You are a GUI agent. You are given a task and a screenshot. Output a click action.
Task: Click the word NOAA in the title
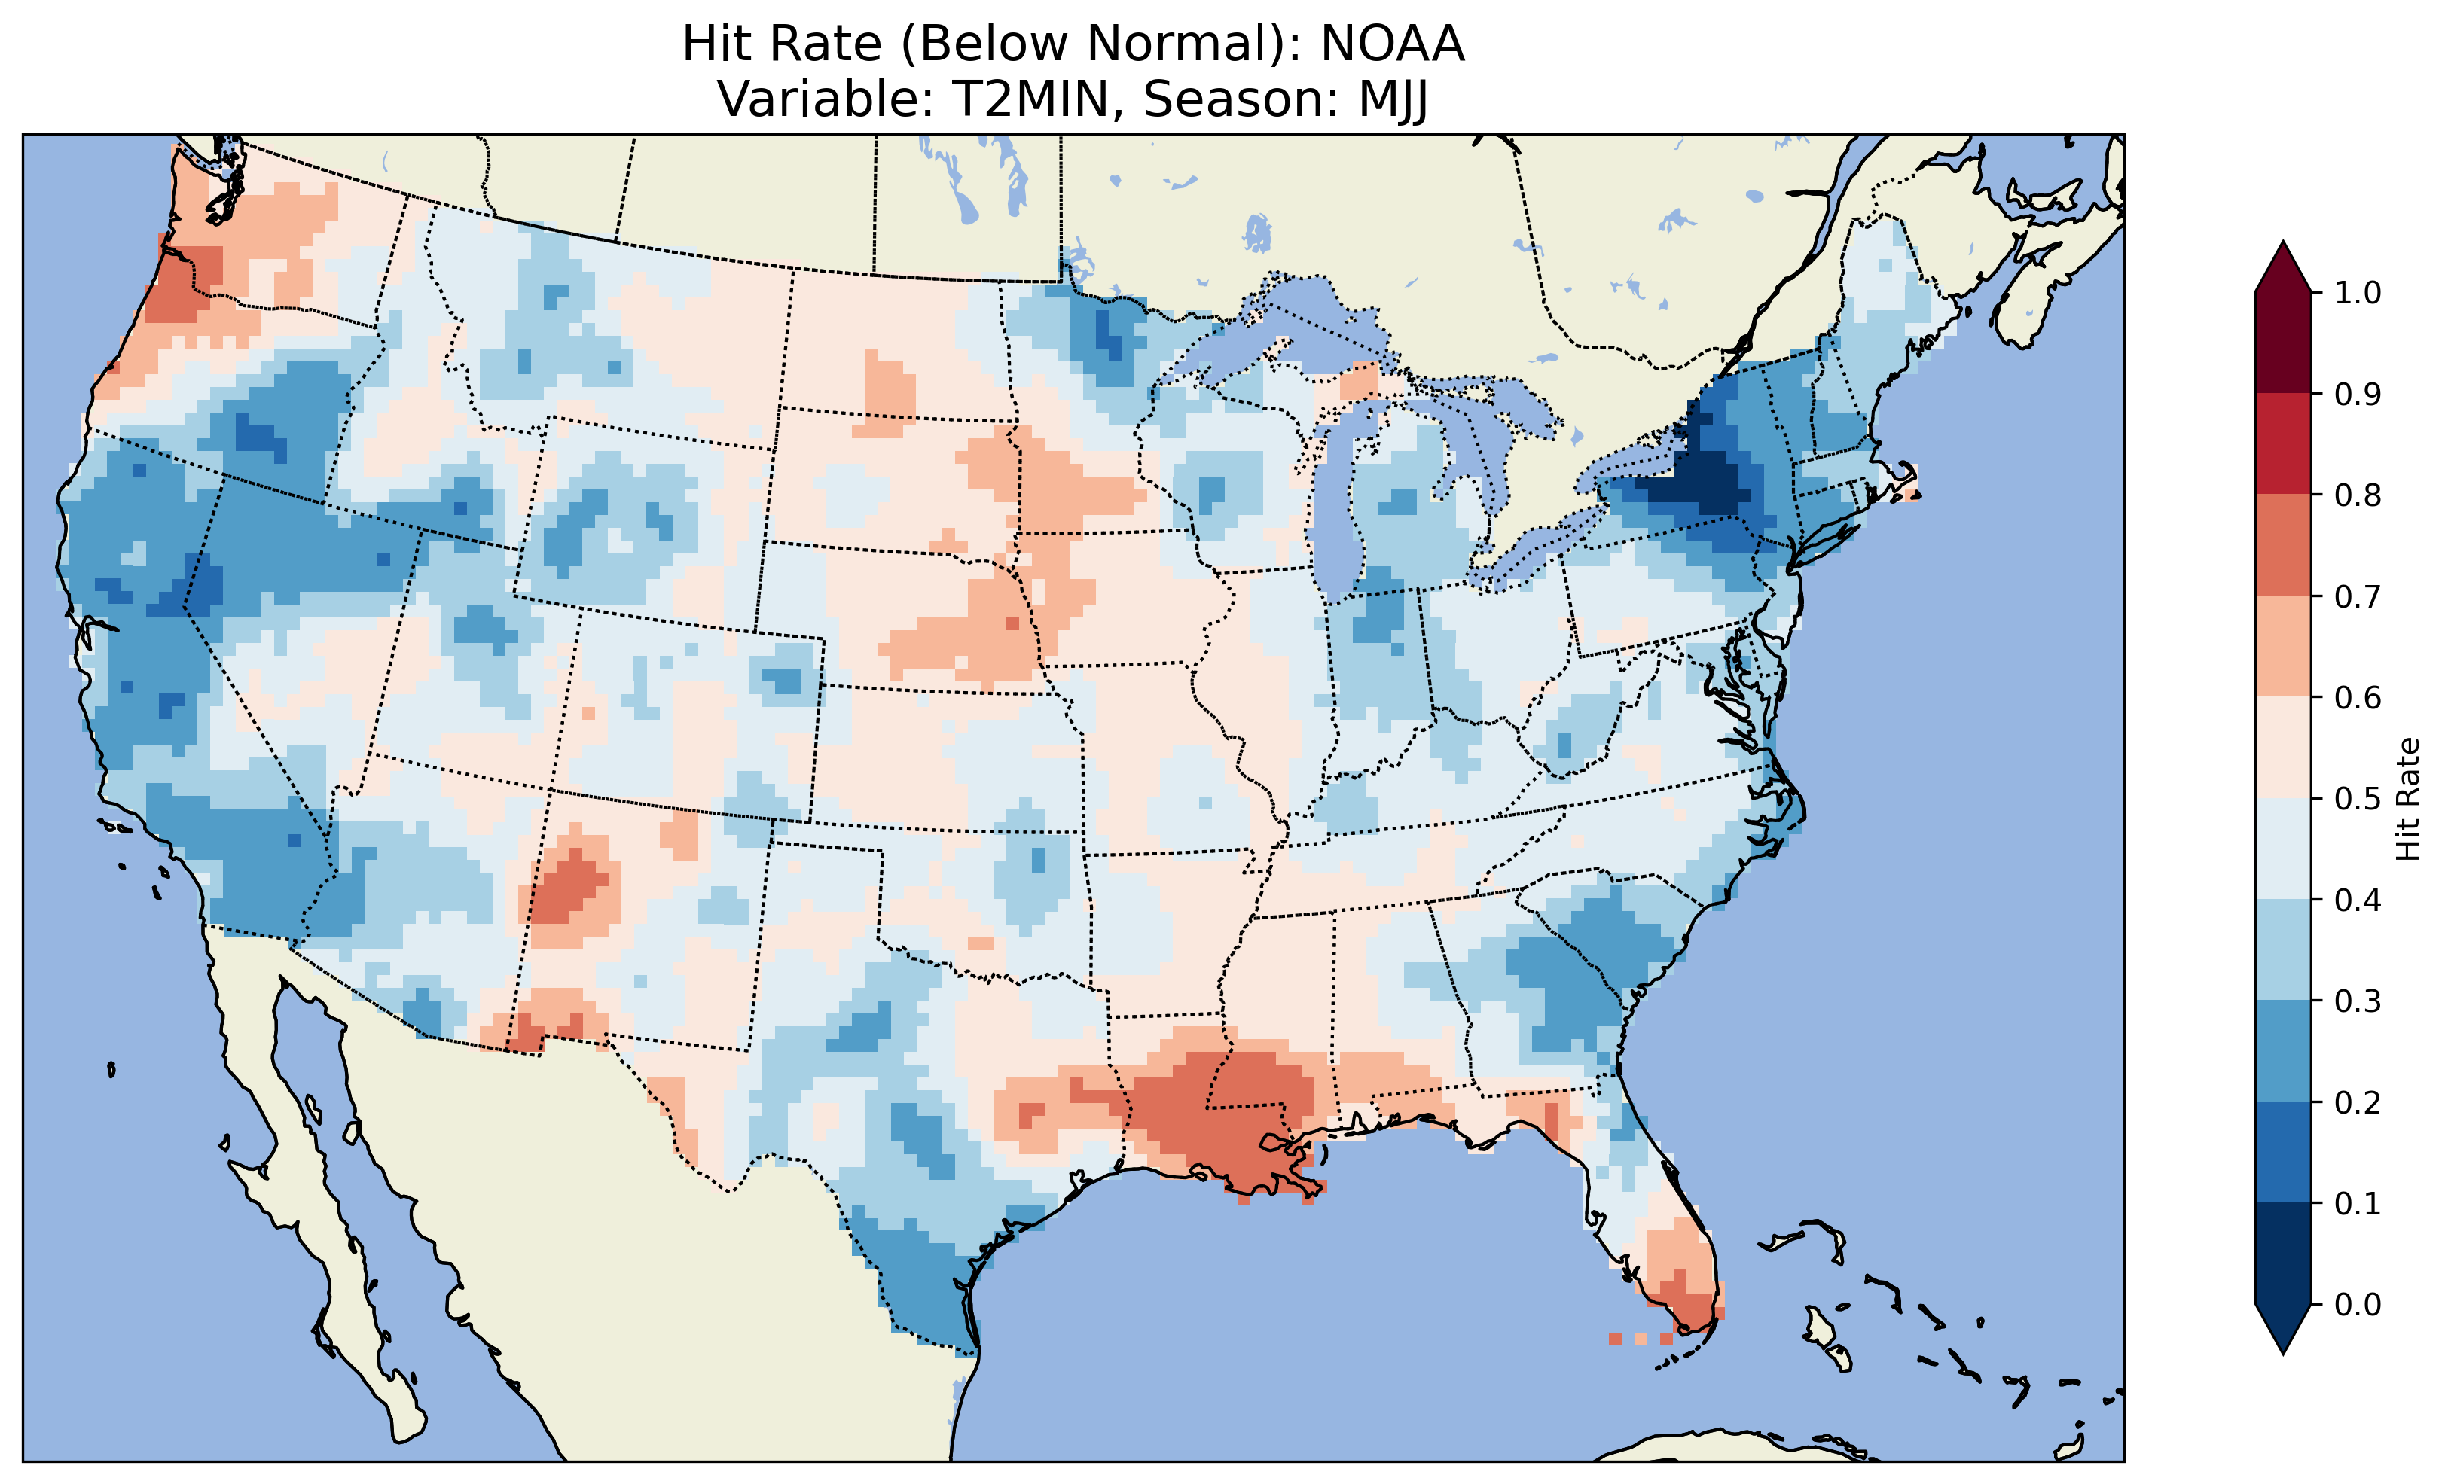click(x=1392, y=44)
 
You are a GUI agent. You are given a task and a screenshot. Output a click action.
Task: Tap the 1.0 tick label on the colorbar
click(x=2358, y=293)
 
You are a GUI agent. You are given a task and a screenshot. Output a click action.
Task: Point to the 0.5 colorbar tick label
click(x=2358, y=799)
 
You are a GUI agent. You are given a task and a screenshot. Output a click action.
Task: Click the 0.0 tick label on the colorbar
click(x=2358, y=1304)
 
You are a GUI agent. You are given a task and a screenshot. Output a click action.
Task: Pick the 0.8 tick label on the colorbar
click(x=2358, y=495)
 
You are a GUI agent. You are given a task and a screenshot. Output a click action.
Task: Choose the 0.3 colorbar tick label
click(x=2358, y=1001)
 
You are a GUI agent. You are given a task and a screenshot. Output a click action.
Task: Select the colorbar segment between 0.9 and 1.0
click(x=2283, y=343)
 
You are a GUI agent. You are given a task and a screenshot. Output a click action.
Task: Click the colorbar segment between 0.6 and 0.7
click(x=2283, y=646)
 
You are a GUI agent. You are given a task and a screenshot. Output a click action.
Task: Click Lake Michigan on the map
click(x=1336, y=517)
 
